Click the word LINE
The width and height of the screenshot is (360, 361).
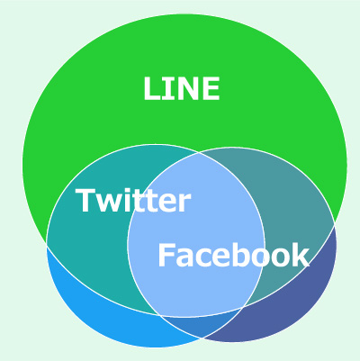tap(182, 88)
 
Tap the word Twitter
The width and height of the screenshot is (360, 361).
tap(133, 200)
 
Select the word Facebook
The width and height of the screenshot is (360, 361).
tap(233, 255)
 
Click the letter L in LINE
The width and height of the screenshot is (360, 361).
tap(151, 88)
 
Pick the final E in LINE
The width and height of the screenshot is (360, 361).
tap(211, 88)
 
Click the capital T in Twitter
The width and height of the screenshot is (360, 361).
tap(86, 200)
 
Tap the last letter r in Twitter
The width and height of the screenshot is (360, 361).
tap(184, 203)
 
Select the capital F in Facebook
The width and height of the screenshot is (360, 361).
tap(166, 255)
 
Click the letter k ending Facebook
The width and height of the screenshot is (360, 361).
tap(301, 255)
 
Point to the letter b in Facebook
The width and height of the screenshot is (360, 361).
tap(245, 255)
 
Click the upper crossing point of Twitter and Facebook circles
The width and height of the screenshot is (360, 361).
tap(199, 153)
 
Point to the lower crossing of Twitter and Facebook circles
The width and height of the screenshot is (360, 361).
tap(202, 338)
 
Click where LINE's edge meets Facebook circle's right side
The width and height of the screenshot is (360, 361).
tap(335, 224)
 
